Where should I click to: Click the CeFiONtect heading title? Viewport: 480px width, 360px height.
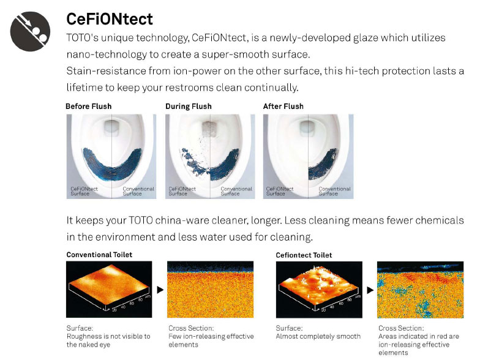tap(109, 20)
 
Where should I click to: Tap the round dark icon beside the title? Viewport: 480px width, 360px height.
tap(30, 32)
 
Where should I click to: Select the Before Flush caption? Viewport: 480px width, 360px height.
tap(88, 107)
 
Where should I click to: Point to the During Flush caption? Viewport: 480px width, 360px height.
tap(189, 107)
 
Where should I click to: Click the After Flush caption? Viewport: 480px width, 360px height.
tap(283, 107)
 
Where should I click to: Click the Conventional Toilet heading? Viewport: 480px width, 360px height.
tap(99, 255)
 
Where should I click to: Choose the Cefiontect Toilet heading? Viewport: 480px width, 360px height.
tap(304, 255)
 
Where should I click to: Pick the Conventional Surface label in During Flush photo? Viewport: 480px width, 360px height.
tap(236, 191)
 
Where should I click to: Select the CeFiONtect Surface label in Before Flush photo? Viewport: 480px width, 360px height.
tap(84, 191)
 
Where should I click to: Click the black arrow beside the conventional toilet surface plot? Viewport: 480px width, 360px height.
tap(160, 290)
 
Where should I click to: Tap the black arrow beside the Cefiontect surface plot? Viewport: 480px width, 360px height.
tap(370, 290)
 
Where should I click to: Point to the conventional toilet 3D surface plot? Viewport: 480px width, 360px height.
tap(109, 289)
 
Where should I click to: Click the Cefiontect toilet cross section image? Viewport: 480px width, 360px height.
tap(420, 290)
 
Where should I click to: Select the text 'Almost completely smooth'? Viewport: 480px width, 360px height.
tap(318, 336)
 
